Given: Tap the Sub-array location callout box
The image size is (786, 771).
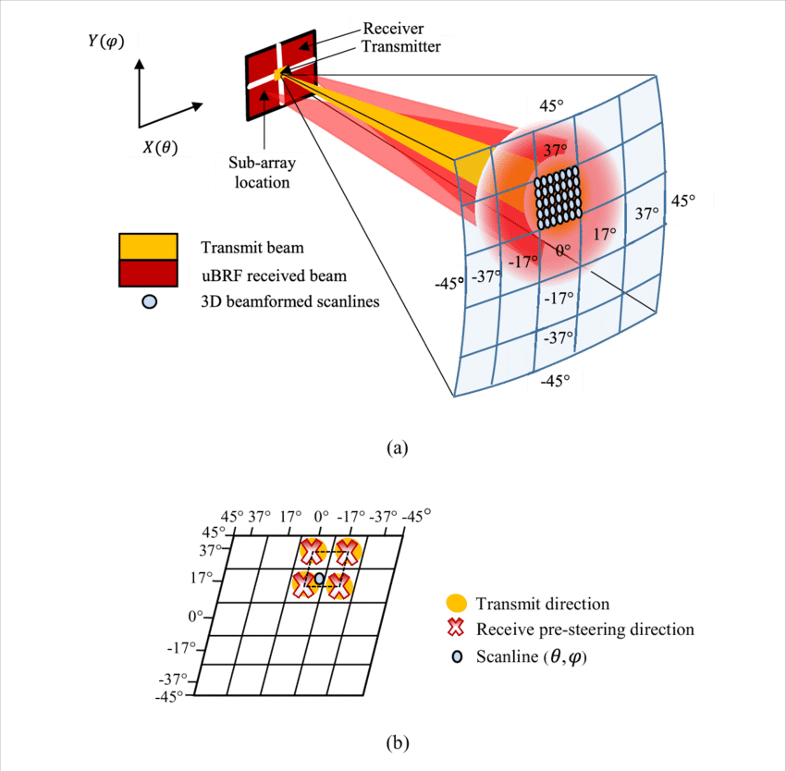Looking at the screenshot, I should click(x=261, y=172).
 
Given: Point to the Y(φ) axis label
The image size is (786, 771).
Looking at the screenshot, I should click(x=101, y=42).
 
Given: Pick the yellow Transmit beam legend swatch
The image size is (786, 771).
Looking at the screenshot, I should click(x=147, y=247).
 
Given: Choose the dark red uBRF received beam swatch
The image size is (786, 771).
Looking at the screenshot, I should click(x=147, y=274).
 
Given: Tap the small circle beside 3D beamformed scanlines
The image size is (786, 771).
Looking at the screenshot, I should click(x=145, y=300).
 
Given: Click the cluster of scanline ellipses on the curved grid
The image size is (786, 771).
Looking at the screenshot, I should click(x=557, y=198).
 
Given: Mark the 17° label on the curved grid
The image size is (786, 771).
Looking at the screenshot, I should click(x=604, y=235).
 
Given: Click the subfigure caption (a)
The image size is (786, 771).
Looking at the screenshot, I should click(x=396, y=449).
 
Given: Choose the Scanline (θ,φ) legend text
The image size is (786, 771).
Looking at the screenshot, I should click(x=533, y=657).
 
